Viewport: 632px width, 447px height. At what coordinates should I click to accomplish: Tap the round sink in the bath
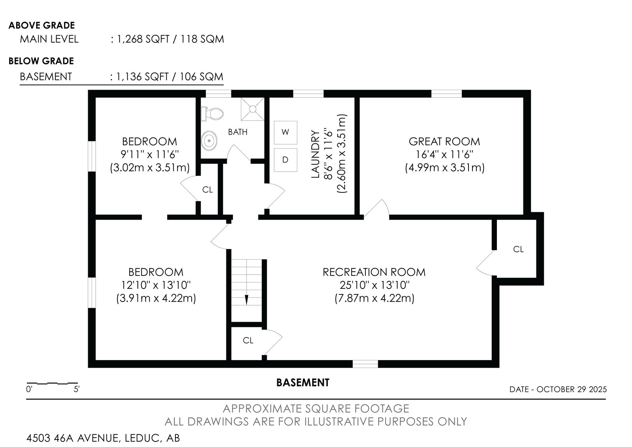point(209,140)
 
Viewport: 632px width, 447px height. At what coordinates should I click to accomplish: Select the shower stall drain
point(252,109)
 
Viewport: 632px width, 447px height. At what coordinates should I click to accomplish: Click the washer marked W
point(285,132)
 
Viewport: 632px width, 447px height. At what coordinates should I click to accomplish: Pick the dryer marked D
point(285,160)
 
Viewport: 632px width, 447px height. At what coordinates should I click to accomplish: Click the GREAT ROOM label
point(444,141)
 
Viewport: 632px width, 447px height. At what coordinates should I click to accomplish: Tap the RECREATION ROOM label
point(374,272)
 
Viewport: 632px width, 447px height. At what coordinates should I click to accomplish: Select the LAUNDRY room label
point(315,154)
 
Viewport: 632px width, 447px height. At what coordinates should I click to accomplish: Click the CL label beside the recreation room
point(518,249)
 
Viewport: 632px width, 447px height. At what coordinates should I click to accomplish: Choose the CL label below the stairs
point(248,341)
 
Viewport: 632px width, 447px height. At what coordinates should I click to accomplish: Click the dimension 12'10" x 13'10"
point(156,285)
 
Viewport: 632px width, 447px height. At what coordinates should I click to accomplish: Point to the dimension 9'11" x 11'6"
point(150,155)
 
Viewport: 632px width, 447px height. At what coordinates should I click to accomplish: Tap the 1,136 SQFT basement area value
point(142,77)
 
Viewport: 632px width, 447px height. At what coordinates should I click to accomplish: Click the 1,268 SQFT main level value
point(143,39)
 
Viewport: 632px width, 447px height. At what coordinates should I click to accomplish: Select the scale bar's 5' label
point(77,389)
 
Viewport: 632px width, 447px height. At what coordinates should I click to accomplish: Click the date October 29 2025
point(572,389)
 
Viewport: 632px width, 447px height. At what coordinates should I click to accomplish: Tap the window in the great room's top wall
point(447,94)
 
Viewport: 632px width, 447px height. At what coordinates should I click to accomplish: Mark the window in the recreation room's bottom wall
point(365,364)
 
